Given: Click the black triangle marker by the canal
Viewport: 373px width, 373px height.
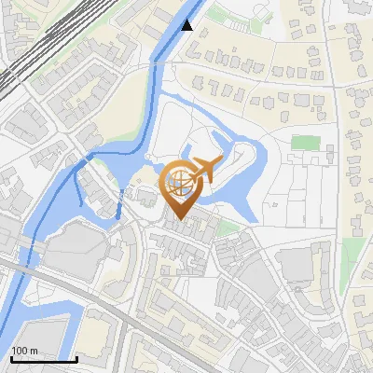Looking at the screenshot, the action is (x=188, y=25).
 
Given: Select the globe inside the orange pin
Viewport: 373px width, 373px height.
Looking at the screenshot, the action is (x=178, y=182).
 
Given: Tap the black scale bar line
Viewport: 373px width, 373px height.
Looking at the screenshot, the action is (x=44, y=359).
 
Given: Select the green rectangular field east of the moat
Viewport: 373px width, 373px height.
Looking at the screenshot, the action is (x=305, y=144).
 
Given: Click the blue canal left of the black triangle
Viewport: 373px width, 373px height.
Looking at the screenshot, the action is (x=172, y=37).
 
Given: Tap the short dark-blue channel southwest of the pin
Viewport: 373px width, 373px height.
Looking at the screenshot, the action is (x=120, y=207).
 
